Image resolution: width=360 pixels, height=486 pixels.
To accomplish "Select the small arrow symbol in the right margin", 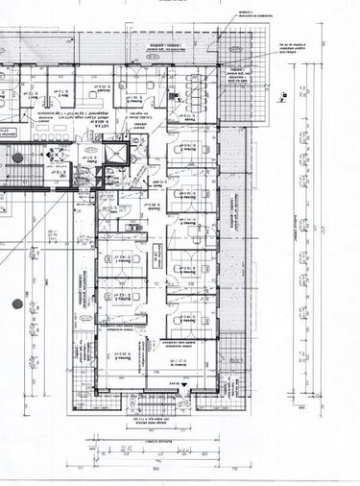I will coord(285,95).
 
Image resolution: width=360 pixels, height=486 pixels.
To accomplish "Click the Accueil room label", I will coord(124,86).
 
